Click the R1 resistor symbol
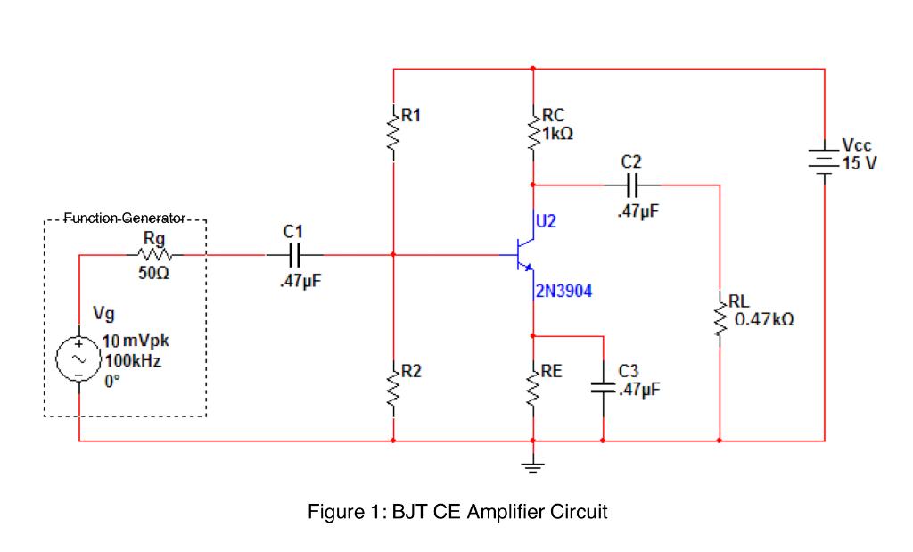(x=392, y=133)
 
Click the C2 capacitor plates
(x=630, y=185)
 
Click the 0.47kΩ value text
(x=764, y=318)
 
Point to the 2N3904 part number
(x=563, y=291)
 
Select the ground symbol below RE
(x=532, y=465)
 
